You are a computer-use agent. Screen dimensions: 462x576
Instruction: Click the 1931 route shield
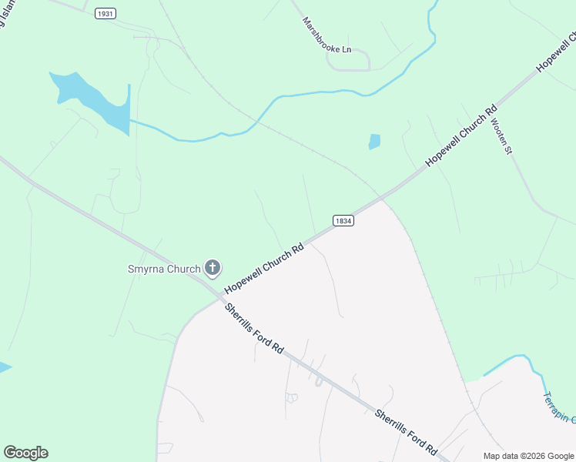tap(106, 14)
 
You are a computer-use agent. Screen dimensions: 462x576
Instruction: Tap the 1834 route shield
tap(343, 220)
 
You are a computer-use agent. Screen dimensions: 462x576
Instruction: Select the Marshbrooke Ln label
tap(327, 35)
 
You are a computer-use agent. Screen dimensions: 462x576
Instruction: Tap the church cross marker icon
tap(213, 268)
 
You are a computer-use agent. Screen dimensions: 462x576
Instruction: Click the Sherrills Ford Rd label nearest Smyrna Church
tap(254, 329)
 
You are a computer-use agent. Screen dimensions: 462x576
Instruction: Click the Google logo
tap(25, 453)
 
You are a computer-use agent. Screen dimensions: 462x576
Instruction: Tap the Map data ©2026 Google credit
tap(528, 456)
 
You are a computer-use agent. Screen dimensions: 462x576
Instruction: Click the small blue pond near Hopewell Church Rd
tap(374, 142)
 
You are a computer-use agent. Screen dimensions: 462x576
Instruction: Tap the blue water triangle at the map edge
tap(5, 367)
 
